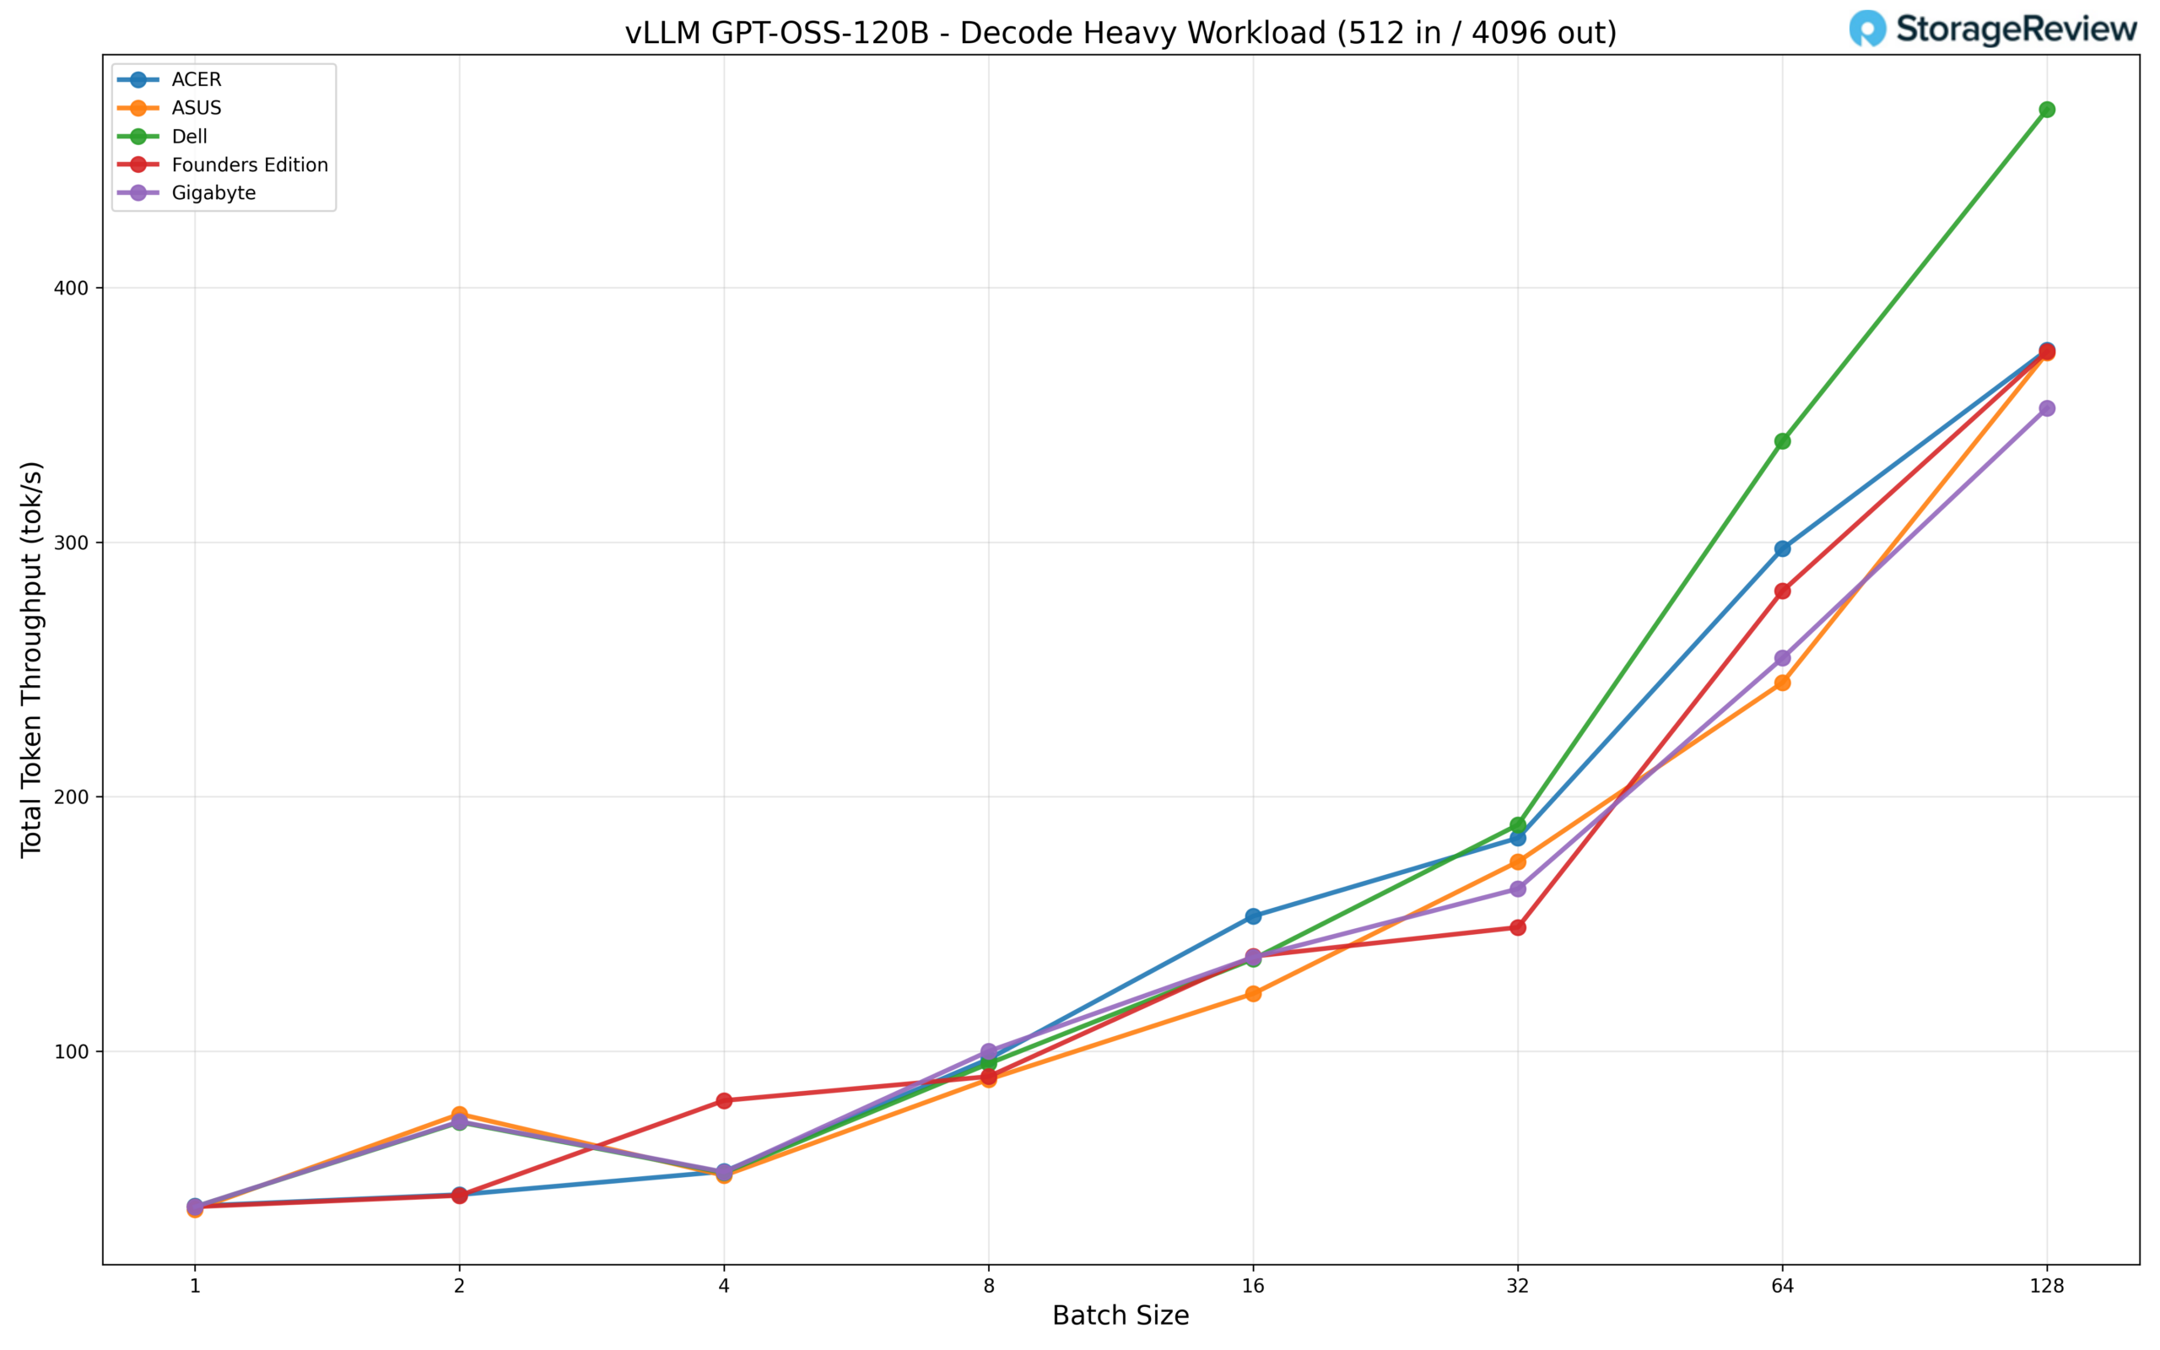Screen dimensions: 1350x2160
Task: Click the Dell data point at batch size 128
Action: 2047,110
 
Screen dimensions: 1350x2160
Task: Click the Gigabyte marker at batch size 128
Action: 2047,408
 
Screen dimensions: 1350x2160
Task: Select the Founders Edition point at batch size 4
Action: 724,1101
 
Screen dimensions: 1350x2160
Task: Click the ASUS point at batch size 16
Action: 1253,994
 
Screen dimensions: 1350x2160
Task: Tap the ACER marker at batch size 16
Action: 1253,916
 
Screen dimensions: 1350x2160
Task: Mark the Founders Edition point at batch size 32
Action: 1517,927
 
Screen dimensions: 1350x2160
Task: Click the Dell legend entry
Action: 189,137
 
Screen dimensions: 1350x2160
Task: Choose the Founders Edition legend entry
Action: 249,165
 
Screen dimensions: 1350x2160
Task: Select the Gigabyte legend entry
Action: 213,193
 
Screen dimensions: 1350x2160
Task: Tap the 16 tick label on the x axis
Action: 1253,1286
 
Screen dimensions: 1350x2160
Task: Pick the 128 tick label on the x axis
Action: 2047,1286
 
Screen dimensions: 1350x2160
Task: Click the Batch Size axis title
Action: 1120,1316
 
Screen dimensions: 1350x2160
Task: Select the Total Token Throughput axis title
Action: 32,659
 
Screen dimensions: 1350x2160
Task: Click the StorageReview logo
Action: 1992,30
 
